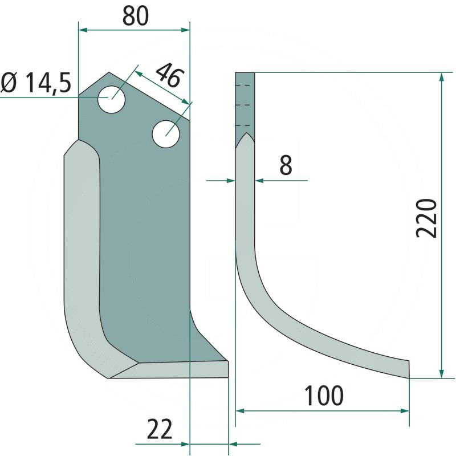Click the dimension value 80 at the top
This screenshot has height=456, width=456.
(x=136, y=16)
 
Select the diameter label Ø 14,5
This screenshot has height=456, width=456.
(x=35, y=83)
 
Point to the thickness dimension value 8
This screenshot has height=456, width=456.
(x=286, y=165)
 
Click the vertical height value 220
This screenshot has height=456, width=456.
(x=426, y=218)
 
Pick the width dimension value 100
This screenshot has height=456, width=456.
(x=323, y=396)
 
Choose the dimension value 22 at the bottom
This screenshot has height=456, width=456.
(x=160, y=429)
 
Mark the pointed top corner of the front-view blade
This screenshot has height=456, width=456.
(x=109, y=74)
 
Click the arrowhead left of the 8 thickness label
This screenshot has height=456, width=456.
(x=230, y=181)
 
